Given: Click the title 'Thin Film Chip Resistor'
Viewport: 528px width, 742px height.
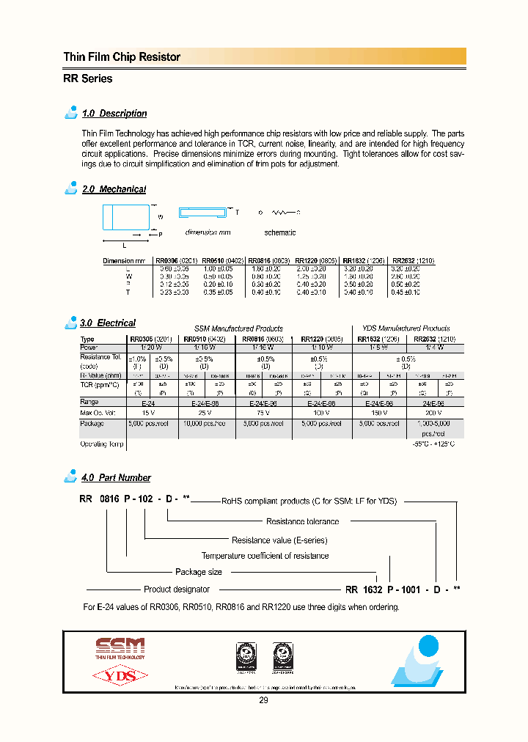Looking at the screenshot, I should pos(122,57).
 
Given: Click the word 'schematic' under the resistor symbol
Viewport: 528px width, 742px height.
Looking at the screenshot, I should pos(279,232).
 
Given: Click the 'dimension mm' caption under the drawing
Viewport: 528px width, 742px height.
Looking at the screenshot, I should pos(208,232).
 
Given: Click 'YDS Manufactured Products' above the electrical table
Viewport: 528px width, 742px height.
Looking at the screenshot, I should pos(406,328).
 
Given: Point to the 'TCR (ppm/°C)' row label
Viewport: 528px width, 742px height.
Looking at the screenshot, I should pos(100,385).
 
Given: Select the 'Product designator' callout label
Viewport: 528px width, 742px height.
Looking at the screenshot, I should pos(176,589).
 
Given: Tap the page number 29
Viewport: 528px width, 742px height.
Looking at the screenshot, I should pos(263,701).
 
